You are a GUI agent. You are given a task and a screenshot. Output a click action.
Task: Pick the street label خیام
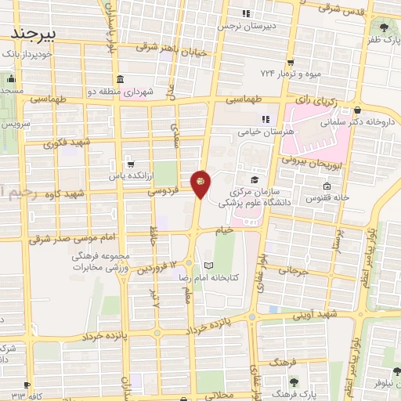(226, 230)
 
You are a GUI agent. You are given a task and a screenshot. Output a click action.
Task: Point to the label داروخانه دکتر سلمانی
(369, 121)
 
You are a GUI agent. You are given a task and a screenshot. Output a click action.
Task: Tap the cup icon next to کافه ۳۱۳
(28, 385)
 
